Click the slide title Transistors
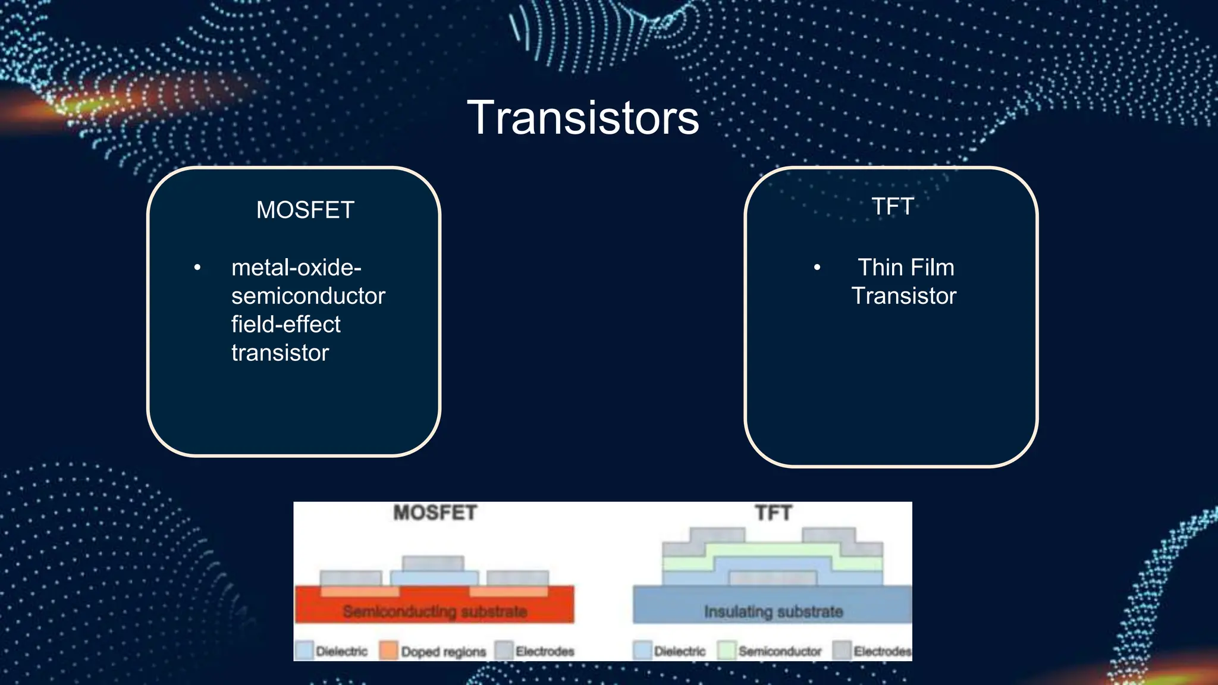(x=583, y=118)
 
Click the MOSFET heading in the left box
(x=305, y=210)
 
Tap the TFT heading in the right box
(x=892, y=206)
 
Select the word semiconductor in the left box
(x=308, y=296)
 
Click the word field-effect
(x=285, y=325)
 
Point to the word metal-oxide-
(x=296, y=268)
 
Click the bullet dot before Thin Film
(x=817, y=268)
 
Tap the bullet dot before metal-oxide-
(x=197, y=268)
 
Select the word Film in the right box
(x=932, y=268)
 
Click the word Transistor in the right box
(x=903, y=296)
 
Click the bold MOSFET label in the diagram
(x=435, y=513)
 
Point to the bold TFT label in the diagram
(x=773, y=513)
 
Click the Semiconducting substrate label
(x=435, y=611)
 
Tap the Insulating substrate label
(x=773, y=611)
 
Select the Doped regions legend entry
(x=443, y=652)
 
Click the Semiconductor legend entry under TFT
(x=779, y=652)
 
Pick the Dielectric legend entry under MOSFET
(x=341, y=652)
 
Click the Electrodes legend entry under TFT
(x=881, y=652)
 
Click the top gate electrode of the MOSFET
(x=432, y=563)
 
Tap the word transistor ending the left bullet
(x=280, y=353)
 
